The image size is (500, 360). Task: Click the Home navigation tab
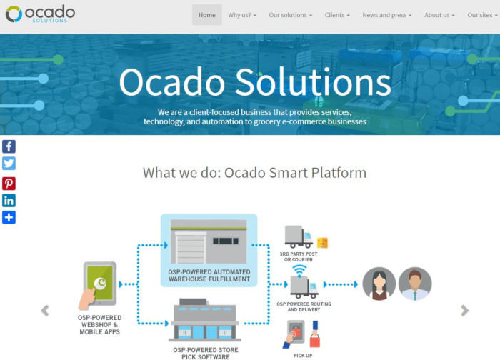[x=206, y=15]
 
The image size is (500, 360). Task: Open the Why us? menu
[x=242, y=15]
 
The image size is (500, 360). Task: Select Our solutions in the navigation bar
[x=291, y=15]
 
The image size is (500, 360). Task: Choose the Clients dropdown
[x=337, y=15]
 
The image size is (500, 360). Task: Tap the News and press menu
[x=387, y=15]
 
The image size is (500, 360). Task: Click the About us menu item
[x=439, y=15]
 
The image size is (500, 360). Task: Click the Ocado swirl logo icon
[x=14, y=14]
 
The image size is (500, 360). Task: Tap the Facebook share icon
[x=9, y=146]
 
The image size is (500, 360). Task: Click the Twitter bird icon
[x=9, y=164]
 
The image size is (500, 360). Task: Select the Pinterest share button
[x=9, y=184]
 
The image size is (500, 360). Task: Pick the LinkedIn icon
[x=9, y=201]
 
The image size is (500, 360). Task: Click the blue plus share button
[x=9, y=217]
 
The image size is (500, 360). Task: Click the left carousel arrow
[x=45, y=311]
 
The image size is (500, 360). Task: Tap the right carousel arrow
[x=464, y=311]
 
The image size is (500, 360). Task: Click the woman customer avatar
[x=379, y=284]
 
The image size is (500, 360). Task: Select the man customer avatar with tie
[x=415, y=284]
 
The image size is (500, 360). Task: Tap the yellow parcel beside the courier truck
[x=322, y=243]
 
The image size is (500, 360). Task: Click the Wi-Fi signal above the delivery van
[x=299, y=271]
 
